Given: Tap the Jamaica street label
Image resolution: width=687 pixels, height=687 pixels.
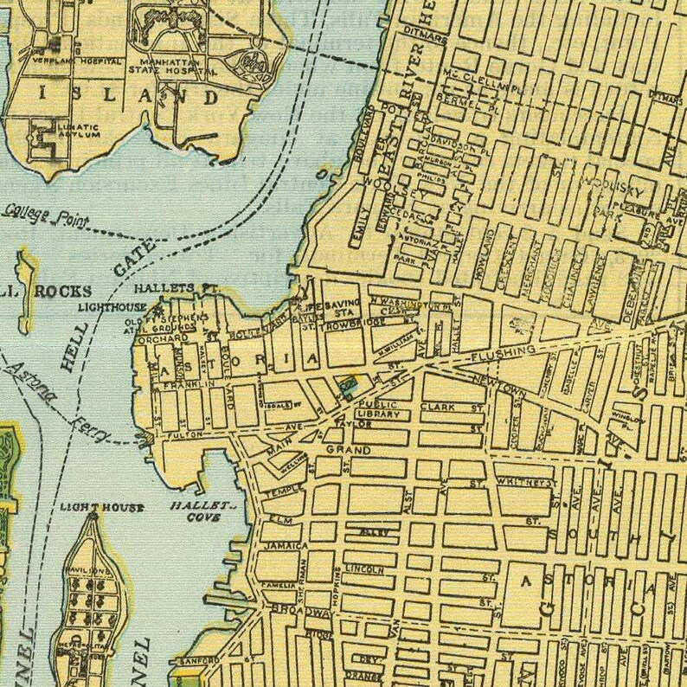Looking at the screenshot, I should point(286,546).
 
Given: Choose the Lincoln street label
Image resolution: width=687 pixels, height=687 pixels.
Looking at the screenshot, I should point(364,569).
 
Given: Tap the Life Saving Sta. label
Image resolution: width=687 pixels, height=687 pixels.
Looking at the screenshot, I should point(333,310).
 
